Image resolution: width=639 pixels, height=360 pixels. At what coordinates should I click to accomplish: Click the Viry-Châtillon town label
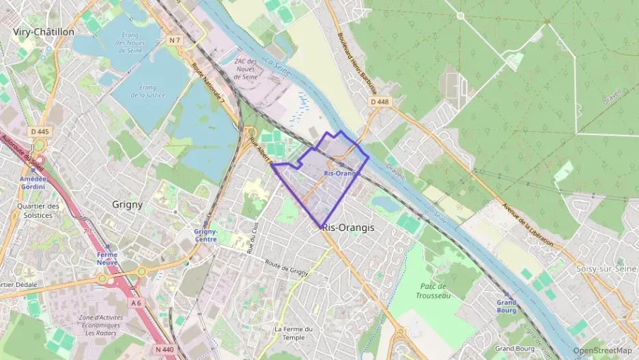pos(43,31)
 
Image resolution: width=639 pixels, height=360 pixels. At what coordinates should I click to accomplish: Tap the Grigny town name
pos(127,204)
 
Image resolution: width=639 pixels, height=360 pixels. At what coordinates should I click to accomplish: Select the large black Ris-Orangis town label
pos(348,227)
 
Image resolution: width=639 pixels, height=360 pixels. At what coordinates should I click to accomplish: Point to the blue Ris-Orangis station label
pos(342,174)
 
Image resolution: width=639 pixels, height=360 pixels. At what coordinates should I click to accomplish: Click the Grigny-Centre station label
pos(205,236)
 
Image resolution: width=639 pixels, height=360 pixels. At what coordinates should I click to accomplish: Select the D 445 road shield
pos(40,131)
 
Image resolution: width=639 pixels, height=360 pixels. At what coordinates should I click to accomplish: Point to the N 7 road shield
pos(174,40)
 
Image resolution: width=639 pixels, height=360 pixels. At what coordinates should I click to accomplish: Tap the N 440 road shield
pos(166,349)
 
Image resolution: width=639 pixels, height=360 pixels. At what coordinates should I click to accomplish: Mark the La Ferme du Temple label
pos(294,333)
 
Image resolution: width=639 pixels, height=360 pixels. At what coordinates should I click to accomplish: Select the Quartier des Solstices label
pos(38,210)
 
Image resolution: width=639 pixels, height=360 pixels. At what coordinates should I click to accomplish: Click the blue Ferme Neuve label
pos(106,258)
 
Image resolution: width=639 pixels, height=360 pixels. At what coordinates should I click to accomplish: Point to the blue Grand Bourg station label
pos(507,306)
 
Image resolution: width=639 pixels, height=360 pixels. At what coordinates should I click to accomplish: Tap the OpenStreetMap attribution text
pos(602,350)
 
